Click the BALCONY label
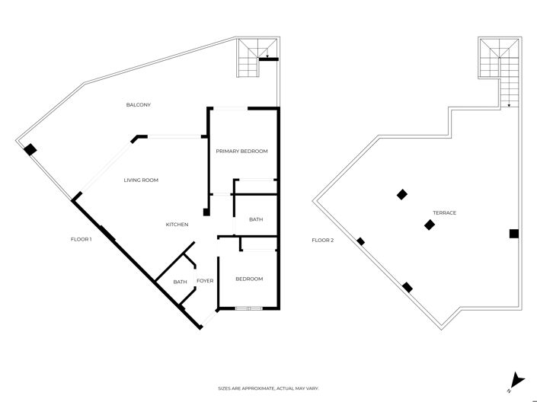point(138,104)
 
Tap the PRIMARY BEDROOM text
point(241,152)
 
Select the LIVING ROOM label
point(141,180)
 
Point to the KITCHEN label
point(177,225)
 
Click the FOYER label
point(205,282)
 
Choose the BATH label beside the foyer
point(180,282)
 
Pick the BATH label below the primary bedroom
point(256,220)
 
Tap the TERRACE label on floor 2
point(444,213)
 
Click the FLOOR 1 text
point(81,240)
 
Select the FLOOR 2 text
point(322,241)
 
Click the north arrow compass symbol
point(517,378)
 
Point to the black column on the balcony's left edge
point(29,150)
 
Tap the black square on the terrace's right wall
point(514,234)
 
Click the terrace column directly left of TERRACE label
point(402,194)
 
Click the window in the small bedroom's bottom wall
point(248,308)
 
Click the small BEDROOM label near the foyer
point(248,279)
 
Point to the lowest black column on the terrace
point(408,287)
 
